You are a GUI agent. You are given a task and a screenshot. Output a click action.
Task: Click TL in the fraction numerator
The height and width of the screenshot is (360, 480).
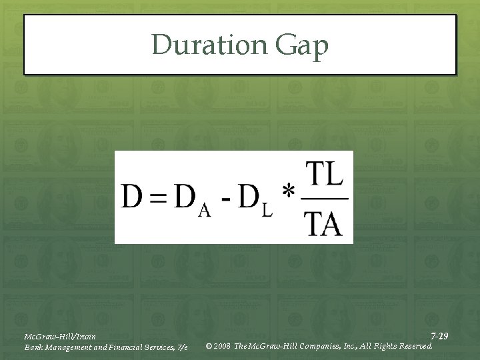click(x=324, y=175)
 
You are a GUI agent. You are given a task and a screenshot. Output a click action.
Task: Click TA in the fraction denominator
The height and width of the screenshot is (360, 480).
click(x=324, y=223)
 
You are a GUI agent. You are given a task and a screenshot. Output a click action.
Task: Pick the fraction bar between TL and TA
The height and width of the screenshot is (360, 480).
click(x=324, y=198)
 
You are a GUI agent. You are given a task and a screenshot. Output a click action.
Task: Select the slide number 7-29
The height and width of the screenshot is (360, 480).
click(x=439, y=336)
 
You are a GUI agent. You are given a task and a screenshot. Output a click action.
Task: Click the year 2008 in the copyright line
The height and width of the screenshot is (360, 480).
click(x=222, y=346)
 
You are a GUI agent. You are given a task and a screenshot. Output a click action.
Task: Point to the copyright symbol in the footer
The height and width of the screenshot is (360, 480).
click(x=209, y=346)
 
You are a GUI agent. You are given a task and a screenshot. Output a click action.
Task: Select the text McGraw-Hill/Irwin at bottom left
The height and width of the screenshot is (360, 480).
click(x=60, y=336)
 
